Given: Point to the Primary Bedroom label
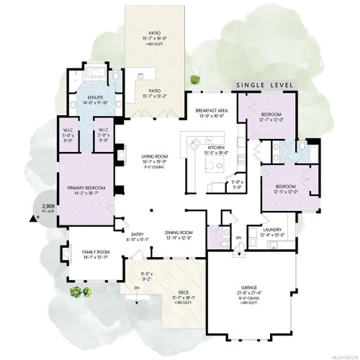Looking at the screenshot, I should pos(86,188).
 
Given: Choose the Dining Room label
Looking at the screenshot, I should pos(176,233).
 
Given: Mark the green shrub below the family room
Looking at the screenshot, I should pos(74,292).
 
